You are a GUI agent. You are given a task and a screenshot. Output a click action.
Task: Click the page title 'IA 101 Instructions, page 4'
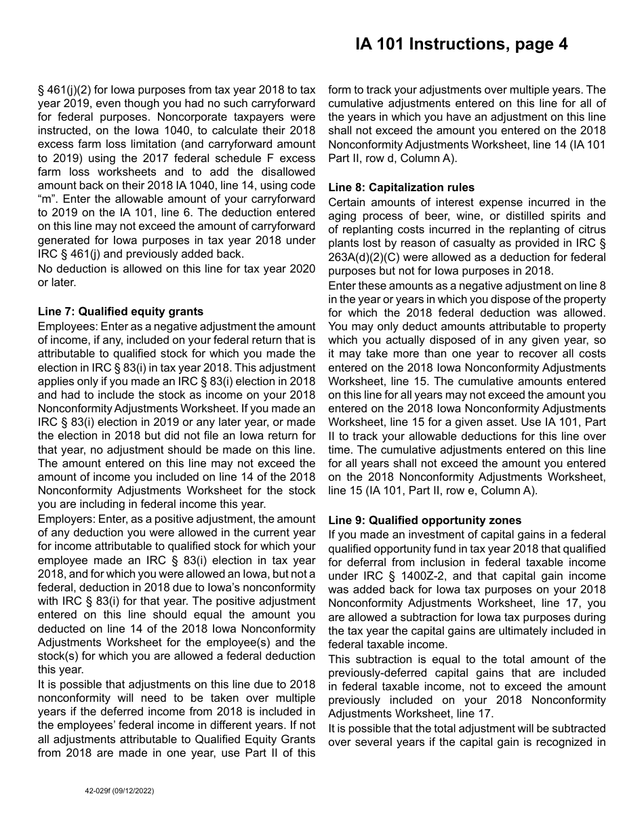coord(462,45)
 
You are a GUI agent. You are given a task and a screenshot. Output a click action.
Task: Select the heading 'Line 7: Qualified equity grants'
coord(121,312)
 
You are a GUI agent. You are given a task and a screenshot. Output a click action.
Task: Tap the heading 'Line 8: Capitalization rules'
coord(401,188)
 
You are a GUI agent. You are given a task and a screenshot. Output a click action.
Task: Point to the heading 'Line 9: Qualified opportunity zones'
coord(424,520)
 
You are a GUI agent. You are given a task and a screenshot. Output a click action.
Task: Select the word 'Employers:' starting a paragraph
coord(65,519)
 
